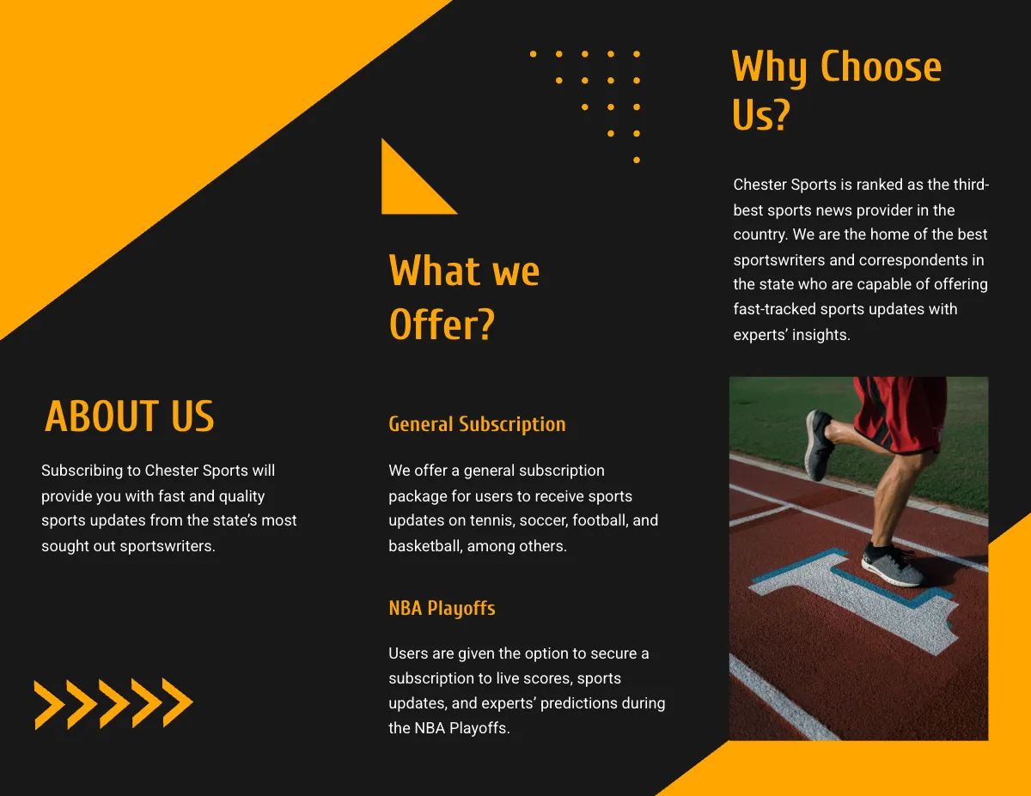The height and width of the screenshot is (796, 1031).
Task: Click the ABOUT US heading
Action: point(129,416)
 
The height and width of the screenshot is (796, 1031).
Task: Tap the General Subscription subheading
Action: point(477,424)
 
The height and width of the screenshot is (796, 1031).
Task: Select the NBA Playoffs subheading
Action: point(442,609)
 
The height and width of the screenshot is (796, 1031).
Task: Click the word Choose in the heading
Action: point(881,67)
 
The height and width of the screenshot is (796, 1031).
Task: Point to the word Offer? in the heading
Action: point(442,325)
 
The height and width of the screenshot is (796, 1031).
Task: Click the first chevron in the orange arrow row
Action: point(48,704)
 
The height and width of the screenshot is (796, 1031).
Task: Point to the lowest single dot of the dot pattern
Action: point(637,160)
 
